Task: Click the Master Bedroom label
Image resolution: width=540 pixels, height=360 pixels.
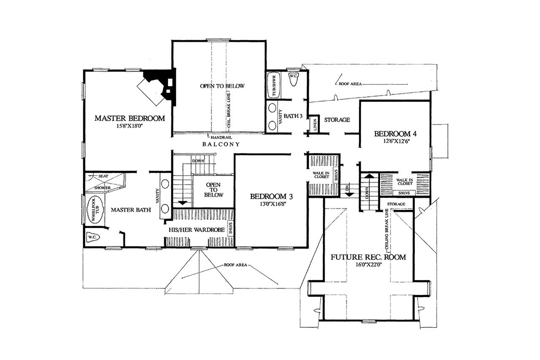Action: click(x=129, y=118)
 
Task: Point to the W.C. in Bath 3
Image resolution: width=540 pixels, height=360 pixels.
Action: click(x=293, y=78)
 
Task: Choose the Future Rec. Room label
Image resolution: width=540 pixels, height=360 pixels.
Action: click(x=368, y=257)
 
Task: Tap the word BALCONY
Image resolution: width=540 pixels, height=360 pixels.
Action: click(x=221, y=144)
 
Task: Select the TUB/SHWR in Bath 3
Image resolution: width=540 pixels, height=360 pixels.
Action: click(x=273, y=86)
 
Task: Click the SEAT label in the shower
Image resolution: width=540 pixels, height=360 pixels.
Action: click(x=103, y=176)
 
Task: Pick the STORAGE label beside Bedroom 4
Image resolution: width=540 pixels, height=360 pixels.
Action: click(x=337, y=120)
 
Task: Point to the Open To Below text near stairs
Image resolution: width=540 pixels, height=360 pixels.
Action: click(x=214, y=190)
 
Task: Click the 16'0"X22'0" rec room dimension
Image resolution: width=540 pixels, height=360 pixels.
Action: click(x=368, y=266)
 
